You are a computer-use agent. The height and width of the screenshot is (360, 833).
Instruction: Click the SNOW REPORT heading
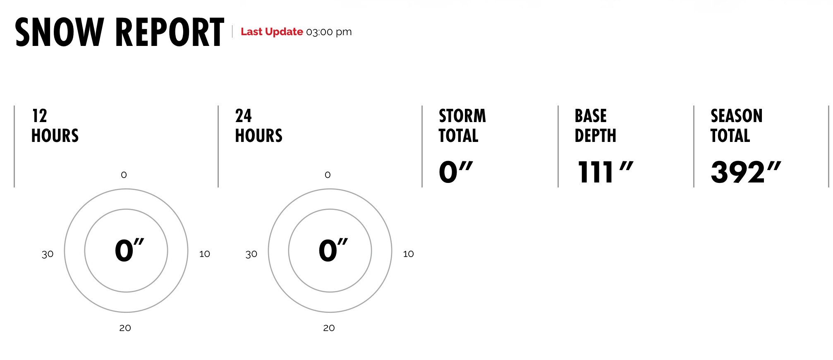[120, 32]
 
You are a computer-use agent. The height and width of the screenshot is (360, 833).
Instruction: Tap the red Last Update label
[272, 32]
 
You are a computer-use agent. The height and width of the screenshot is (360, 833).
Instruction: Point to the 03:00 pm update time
[329, 32]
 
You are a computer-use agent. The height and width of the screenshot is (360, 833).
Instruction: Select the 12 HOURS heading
[55, 126]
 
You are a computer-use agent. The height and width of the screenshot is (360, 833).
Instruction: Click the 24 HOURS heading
[259, 126]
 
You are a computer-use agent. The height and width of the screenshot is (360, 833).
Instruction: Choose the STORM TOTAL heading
[462, 126]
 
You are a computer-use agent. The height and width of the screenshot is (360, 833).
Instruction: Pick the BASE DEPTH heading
[596, 126]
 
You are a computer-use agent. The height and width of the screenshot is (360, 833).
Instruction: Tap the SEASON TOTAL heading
[737, 126]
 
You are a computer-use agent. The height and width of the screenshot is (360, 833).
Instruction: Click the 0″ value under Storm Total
[456, 172]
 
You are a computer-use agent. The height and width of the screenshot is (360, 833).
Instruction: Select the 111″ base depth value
[605, 172]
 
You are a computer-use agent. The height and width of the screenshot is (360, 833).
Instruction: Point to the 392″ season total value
[746, 172]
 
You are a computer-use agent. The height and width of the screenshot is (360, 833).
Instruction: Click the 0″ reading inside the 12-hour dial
[129, 250]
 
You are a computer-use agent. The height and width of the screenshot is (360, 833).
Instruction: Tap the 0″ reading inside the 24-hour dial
[333, 250]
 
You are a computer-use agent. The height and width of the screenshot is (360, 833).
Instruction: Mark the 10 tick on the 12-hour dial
[205, 254]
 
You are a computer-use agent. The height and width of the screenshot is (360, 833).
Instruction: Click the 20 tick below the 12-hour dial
[125, 328]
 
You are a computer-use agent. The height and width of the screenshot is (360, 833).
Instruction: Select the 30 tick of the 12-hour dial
[48, 254]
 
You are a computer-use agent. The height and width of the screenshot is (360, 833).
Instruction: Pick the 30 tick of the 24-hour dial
[251, 254]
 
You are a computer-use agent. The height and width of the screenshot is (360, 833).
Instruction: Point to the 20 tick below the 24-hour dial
[329, 328]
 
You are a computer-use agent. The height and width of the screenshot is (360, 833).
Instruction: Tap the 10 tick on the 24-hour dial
[409, 254]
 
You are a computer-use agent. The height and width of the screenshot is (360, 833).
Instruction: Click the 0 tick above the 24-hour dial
[328, 175]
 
